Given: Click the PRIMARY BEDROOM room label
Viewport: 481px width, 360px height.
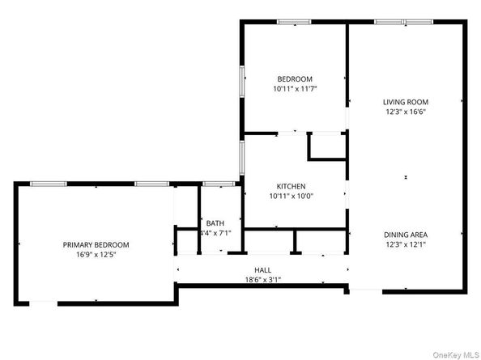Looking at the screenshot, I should pos(96,244).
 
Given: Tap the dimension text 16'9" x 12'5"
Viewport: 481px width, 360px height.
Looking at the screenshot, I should pos(96,254).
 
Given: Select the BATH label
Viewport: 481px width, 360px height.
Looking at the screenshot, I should pos(215,223).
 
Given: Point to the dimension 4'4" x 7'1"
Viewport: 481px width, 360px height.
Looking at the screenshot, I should pos(215,233).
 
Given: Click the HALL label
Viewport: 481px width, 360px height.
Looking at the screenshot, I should pos(262,270).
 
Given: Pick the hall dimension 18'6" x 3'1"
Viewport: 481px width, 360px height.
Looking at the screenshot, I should pos(262,280).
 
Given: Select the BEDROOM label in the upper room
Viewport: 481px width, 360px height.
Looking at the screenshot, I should pos(294,78).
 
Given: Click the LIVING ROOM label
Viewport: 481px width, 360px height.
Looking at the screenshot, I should pos(405,102).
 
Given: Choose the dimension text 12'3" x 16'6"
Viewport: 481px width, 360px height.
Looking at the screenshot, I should pos(405,112).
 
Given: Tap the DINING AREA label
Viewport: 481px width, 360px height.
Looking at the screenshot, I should pos(405,235).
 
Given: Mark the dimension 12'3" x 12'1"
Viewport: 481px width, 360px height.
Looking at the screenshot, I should pos(405,244).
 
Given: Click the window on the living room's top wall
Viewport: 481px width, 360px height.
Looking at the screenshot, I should pos(397,22).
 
